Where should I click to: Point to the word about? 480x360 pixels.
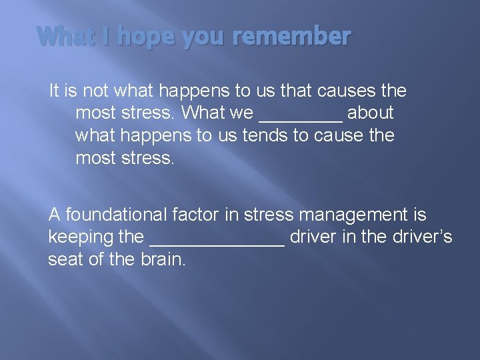370,113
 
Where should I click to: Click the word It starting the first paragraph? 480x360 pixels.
55,90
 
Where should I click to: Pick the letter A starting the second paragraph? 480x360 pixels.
55,215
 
